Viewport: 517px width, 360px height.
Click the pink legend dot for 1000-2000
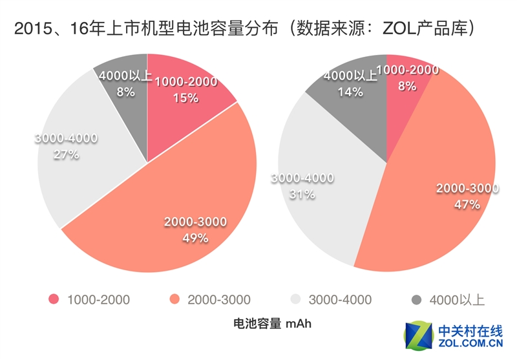[x=54, y=299]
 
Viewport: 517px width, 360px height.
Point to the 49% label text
[x=195, y=238]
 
